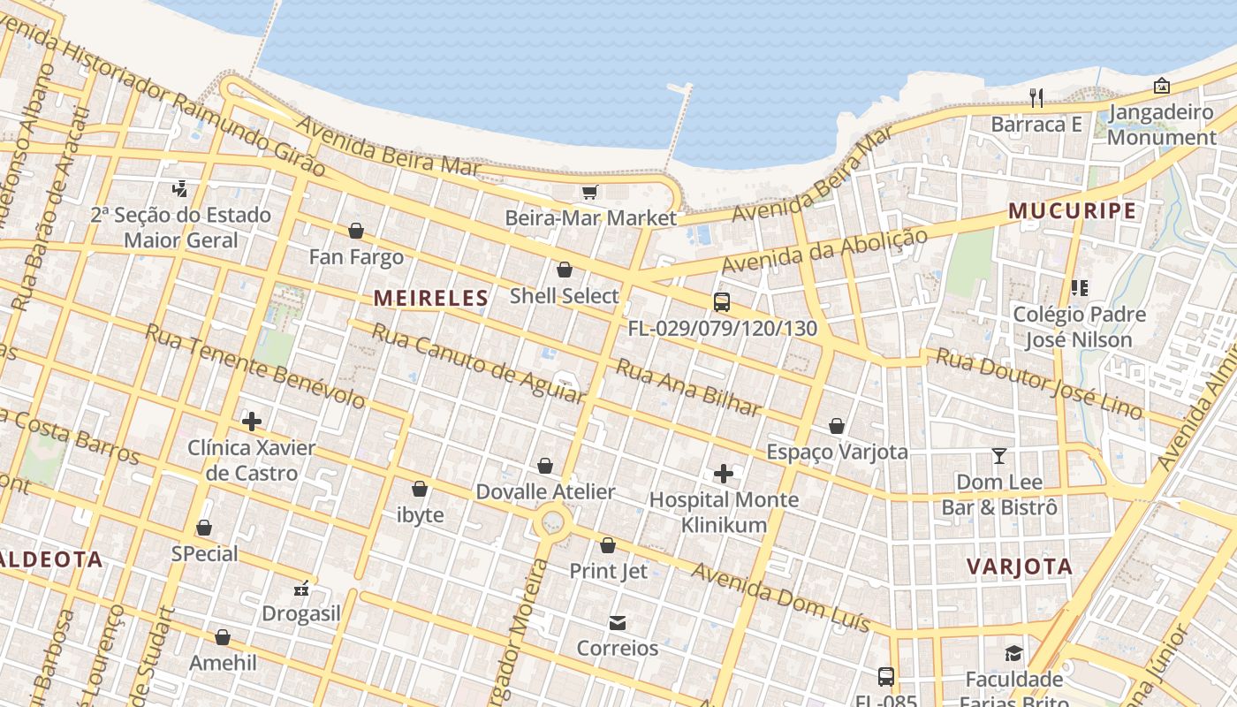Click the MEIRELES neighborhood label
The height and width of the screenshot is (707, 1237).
[x=430, y=298]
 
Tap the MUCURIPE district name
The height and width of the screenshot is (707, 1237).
[x=1072, y=210]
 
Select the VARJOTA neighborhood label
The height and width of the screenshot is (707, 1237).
[x=1020, y=566]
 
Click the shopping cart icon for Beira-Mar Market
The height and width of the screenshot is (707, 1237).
[x=589, y=192]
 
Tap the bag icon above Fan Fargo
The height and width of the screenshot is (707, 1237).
[x=356, y=231]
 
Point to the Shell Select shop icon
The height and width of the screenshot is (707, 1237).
[x=565, y=270]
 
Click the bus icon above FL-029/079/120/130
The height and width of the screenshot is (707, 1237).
[x=722, y=302]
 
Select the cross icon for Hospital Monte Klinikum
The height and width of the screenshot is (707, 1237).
[x=724, y=474]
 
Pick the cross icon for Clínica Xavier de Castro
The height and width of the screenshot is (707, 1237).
[x=252, y=422]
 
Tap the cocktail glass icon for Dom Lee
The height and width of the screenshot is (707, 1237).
[x=999, y=456]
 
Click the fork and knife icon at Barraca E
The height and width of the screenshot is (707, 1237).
[x=1036, y=97]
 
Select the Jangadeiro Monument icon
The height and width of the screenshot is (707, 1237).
[x=1162, y=86]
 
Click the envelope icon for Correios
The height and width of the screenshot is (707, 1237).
[x=618, y=623]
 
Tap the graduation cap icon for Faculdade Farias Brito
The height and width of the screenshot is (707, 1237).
[x=1013, y=653]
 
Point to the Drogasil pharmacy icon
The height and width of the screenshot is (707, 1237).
[x=301, y=588]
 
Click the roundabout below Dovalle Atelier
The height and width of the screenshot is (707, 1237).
[x=553, y=522]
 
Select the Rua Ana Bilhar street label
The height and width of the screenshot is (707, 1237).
[x=688, y=388]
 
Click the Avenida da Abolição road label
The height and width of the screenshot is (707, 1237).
[x=824, y=251]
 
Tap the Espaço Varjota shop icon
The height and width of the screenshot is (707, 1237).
[x=837, y=426]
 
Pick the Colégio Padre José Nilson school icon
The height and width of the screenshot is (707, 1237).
[x=1079, y=288]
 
